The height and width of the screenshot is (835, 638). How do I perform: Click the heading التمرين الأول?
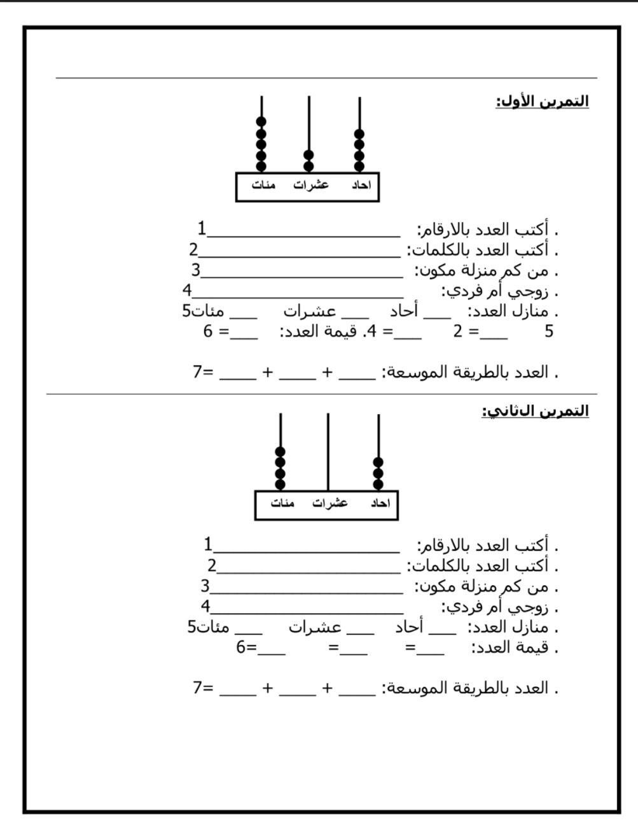tap(542, 102)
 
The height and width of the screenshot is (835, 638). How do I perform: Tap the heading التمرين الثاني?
tap(535, 411)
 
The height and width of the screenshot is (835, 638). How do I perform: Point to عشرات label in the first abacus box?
tap(311, 186)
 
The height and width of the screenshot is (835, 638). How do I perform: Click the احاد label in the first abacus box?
tap(361, 186)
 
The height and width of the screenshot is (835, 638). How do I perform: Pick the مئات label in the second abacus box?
tap(282, 504)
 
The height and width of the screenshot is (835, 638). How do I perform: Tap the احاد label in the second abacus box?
tap(380, 504)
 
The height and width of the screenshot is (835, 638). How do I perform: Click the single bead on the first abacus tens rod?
tap(309, 155)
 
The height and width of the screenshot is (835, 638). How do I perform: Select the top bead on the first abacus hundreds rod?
tap(261, 121)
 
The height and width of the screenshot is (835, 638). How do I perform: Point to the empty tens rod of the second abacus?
tap(328, 452)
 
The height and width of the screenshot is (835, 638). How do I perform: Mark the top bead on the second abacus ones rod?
tap(378, 462)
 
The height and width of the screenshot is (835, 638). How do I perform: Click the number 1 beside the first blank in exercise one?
tap(202, 228)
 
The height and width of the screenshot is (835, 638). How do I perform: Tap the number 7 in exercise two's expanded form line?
tap(198, 687)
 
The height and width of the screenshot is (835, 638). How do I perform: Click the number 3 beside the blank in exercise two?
tap(205, 586)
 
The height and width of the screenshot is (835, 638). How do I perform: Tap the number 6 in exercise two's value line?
tap(241, 647)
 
